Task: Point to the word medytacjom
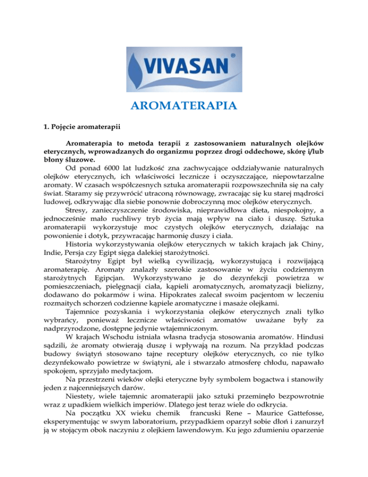147,368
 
